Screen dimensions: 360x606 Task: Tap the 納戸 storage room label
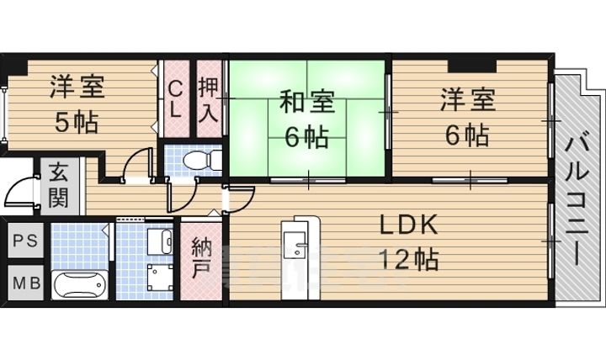(x=202, y=260)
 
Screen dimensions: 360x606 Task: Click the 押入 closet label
(x=209, y=99)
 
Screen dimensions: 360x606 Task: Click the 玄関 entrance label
(x=59, y=185)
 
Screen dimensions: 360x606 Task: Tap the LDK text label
(x=407, y=225)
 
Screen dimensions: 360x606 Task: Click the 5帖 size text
(x=76, y=123)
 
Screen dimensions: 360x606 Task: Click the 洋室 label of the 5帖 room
(x=77, y=87)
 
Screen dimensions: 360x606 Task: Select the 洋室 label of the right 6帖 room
(x=466, y=101)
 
